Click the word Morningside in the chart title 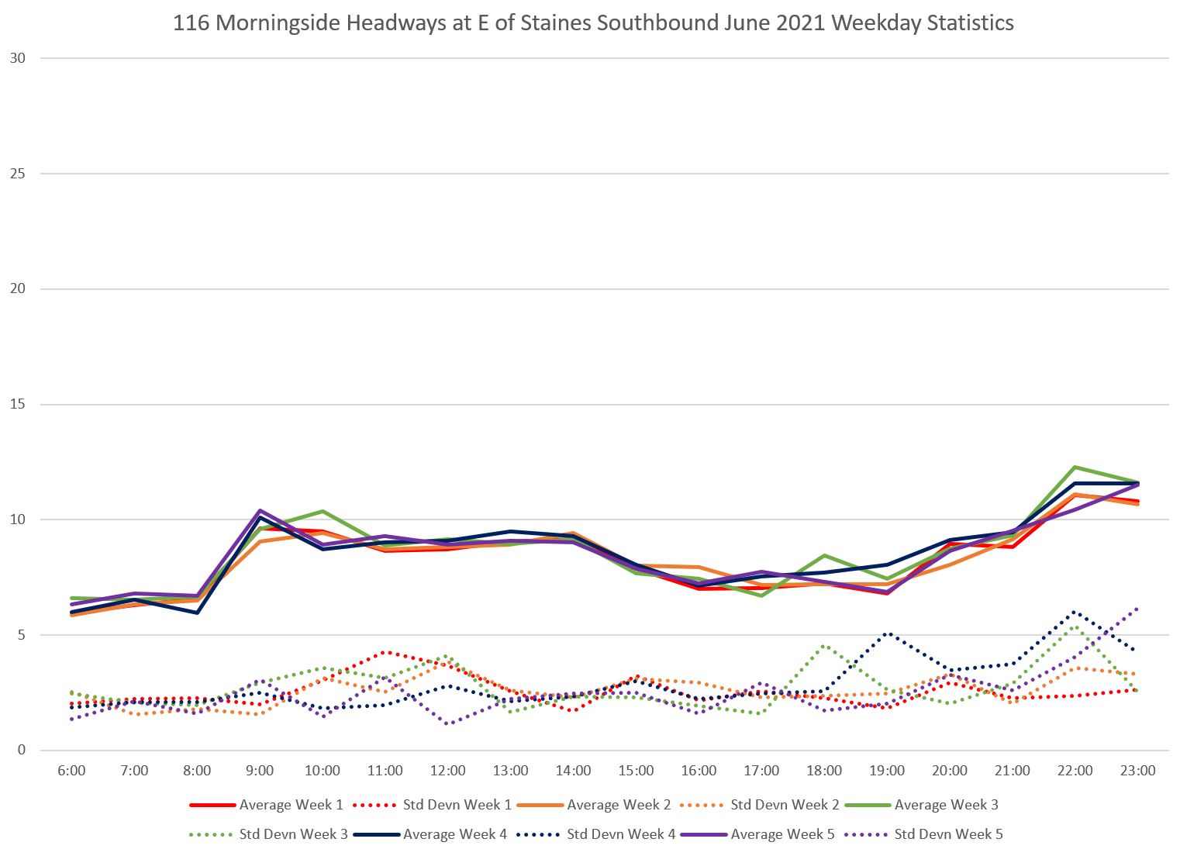tap(277, 23)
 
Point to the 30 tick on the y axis tap(18, 58)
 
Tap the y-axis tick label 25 tap(18, 174)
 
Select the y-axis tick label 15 tap(18, 405)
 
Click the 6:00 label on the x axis tap(71, 771)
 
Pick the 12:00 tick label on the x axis tap(448, 771)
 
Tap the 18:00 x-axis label tap(824, 771)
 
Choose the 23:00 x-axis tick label tap(1137, 771)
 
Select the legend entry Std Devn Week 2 tap(785, 805)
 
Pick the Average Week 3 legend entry tap(946, 805)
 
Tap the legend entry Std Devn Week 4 tap(621, 834)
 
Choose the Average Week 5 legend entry tap(782, 834)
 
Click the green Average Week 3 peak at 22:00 tap(1075, 467)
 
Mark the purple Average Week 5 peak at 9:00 tap(260, 510)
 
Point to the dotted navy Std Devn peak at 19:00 tap(887, 633)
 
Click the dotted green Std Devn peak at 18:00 tap(824, 645)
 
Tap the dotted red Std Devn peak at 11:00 tap(385, 652)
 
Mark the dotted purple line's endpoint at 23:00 tap(1137, 609)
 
